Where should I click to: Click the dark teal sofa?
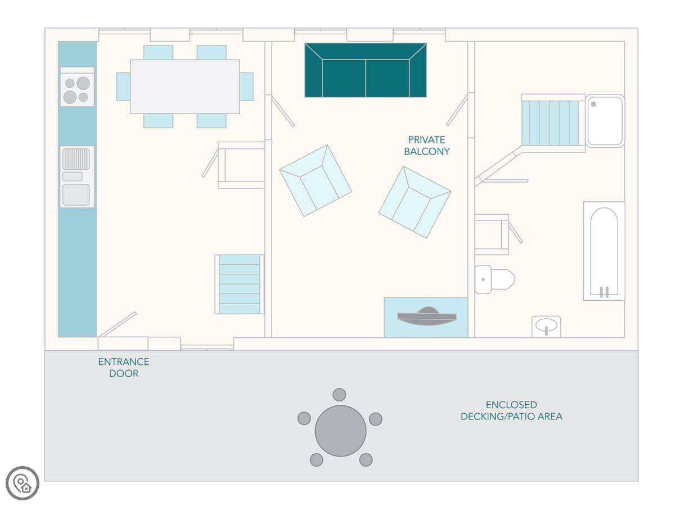coord(365,70)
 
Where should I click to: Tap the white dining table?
coord(185,87)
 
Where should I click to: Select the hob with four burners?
coord(77,87)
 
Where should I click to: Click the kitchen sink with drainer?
coord(77,177)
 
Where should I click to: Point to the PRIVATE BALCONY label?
coord(426,146)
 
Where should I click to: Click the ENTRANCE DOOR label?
coord(124,368)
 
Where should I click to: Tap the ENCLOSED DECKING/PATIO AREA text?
coord(511,410)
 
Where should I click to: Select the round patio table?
coord(340,431)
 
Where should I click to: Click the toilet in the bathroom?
coord(495,279)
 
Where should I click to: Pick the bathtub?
coord(604,251)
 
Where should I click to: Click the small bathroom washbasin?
coord(546,327)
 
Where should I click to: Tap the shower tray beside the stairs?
coord(605,121)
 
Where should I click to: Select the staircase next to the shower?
coord(550,123)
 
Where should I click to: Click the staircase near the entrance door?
coord(240,284)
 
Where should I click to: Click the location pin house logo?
coord(22,484)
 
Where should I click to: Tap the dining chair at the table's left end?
coord(124,87)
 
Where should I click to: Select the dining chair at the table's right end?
coord(246,87)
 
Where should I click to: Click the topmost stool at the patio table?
coord(339,395)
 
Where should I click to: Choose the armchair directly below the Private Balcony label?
coord(415,202)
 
